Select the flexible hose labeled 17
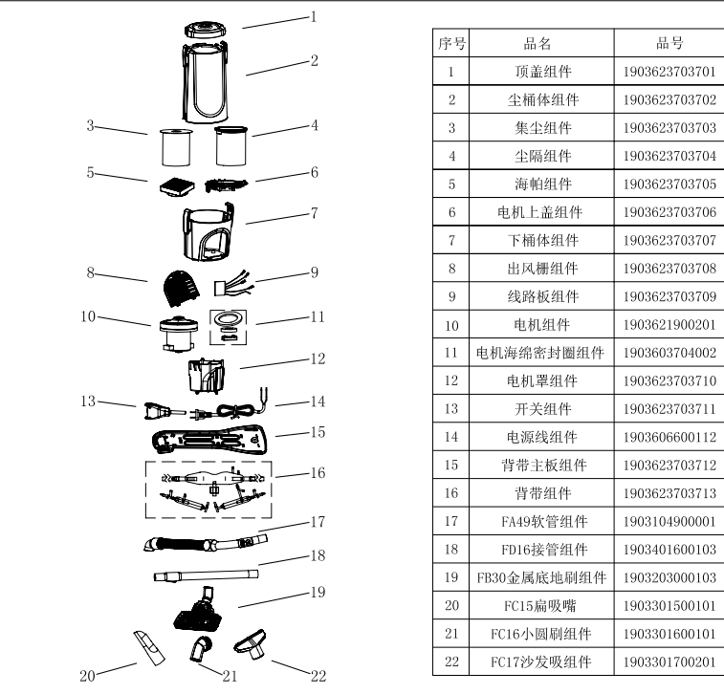[x=201, y=544]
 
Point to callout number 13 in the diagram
[x=89, y=401]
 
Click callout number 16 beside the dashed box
[x=318, y=471]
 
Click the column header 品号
[x=669, y=43]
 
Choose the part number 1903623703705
[x=669, y=184]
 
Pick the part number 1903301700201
[x=669, y=661]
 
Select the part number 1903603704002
[x=669, y=353]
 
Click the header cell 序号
[x=450, y=43]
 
